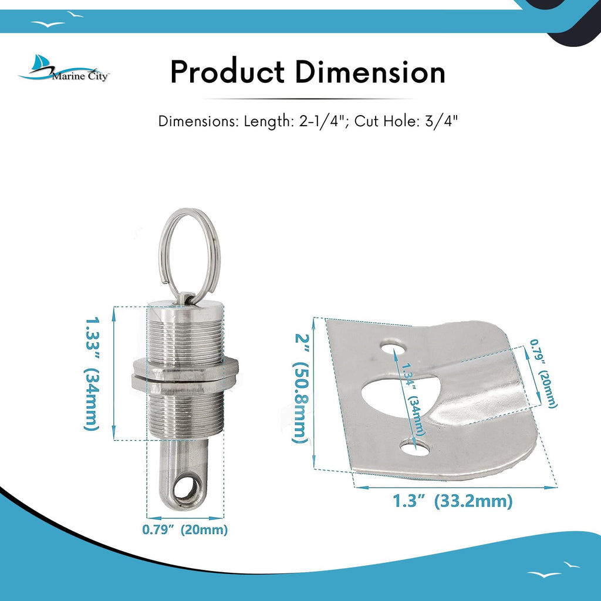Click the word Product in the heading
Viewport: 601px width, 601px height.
(x=227, y=72)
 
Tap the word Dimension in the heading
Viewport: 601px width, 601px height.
(x=370, y=72)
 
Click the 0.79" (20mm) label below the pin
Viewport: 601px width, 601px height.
(x=185, y=530)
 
